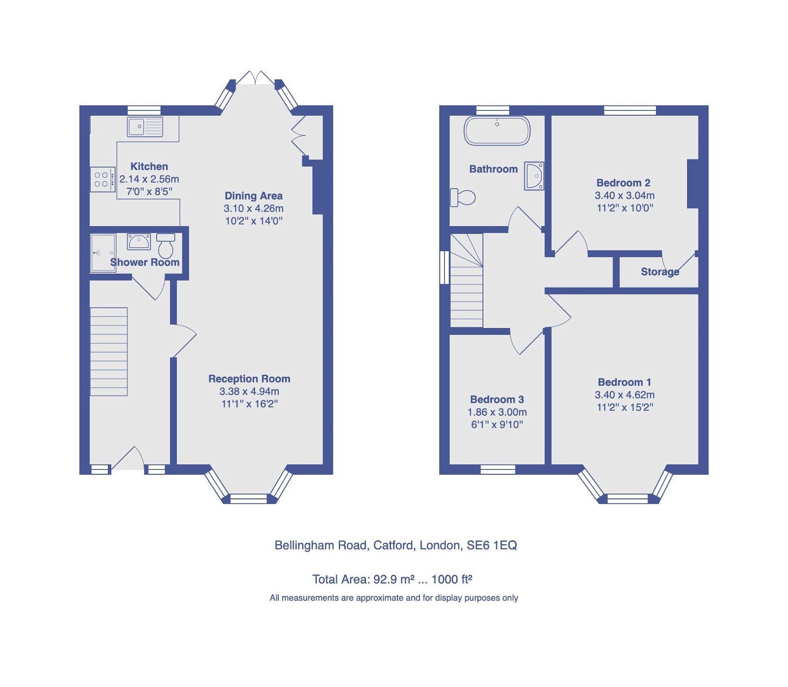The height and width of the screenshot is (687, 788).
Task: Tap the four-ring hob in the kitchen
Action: tap(101, 179)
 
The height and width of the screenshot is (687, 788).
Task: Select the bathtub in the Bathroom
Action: tap(497, 131)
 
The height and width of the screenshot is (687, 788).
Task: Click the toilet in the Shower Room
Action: tap(165, 246)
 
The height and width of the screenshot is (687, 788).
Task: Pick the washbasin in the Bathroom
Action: tap(534, 176)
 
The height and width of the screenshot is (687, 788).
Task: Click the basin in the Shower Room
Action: tap(139, 242)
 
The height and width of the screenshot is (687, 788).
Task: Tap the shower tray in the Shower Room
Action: tap(103, 253)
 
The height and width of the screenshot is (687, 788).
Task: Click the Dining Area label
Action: tap(254, 196)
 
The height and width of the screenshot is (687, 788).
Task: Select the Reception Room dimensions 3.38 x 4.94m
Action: tap(249, 392)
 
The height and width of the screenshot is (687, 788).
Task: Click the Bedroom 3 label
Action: tap(497, 399)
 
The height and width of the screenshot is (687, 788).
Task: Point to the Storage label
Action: tap(659, 272)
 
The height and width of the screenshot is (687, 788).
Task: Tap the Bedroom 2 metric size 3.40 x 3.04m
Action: tap(624, 196)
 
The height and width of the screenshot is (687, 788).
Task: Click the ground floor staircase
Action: tap(109, 352)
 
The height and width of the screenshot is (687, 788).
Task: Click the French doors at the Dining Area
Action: tap(255, 79)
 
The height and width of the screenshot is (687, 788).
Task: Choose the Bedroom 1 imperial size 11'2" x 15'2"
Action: tap(624, 407)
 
